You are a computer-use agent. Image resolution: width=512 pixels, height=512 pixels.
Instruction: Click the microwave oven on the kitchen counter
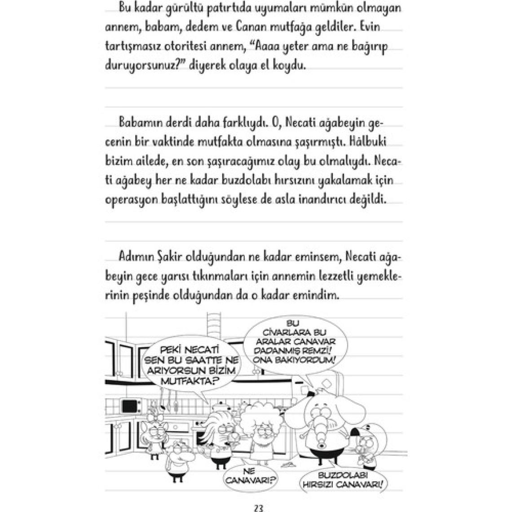[x=128, y=404]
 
